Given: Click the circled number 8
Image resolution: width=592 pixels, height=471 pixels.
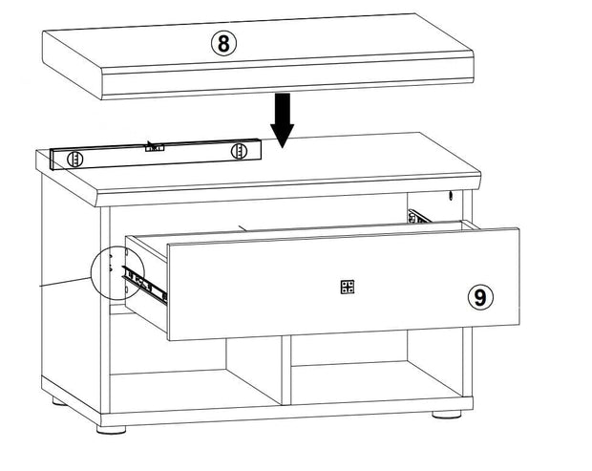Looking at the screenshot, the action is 223,43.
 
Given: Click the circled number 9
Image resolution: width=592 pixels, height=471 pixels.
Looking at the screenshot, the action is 480,297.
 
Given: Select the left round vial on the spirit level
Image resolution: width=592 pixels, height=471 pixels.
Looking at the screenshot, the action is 74,159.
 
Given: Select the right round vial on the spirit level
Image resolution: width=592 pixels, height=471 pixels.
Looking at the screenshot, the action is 239,151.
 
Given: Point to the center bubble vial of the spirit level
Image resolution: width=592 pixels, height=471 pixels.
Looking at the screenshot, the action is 155,148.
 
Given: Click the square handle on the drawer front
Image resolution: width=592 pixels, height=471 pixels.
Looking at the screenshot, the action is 347,287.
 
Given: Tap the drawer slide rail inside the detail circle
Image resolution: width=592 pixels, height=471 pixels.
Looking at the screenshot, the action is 143,284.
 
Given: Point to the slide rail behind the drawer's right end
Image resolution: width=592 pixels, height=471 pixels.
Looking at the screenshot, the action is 420,217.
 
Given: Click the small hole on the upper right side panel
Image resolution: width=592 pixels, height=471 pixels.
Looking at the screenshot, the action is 450,196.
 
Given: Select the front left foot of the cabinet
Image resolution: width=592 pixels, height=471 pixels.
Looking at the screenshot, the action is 111,430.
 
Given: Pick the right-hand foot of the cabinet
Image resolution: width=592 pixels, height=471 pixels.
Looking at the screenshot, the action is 447,415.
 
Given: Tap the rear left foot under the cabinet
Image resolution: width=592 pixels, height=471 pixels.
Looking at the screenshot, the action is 59,401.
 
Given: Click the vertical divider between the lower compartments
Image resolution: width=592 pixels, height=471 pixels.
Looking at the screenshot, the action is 286,370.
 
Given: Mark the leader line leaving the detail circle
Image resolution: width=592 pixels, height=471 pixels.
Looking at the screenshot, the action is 66,282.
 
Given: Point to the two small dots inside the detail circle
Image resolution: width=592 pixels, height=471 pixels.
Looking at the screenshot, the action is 110,263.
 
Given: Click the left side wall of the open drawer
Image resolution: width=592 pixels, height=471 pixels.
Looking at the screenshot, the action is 146,282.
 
